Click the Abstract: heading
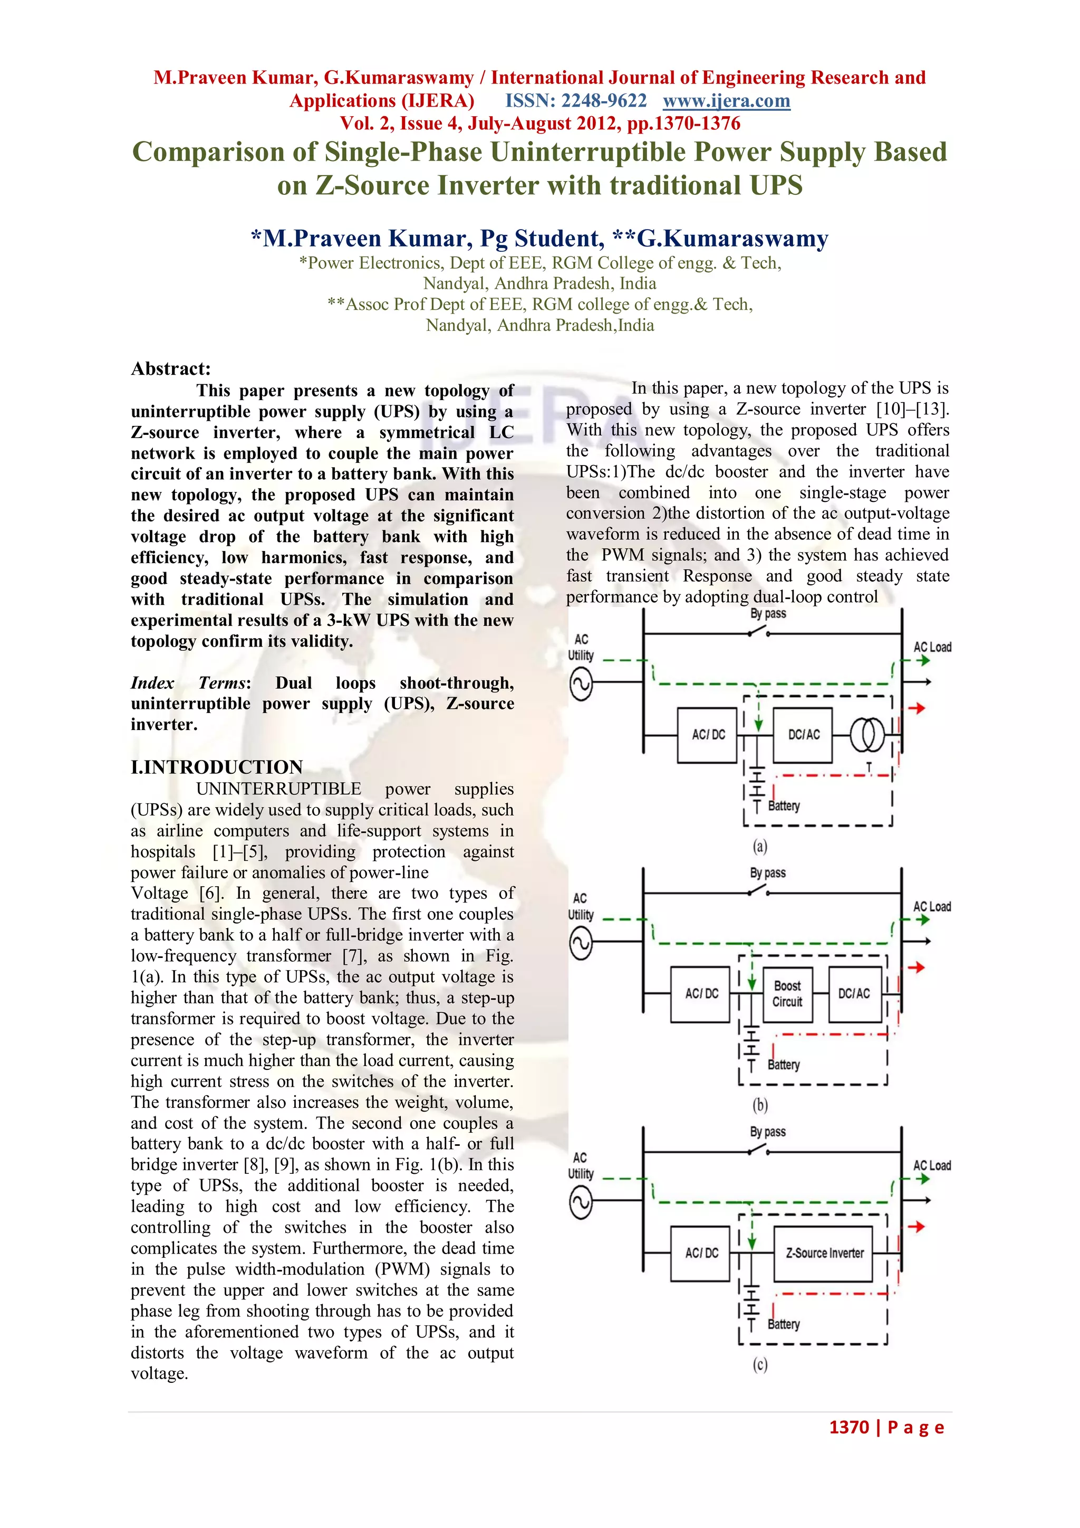pyautogui.click(x=171, y=369)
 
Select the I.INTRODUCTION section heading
pyautogui.click(x=217, y=767)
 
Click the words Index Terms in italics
pyautogui.click(x=189, y=683)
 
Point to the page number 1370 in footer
pyautogui.click(x=848, y=1427)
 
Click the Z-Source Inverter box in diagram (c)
pyautogui.click(x=823, y=1253)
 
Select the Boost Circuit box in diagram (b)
pyautogui.click(x=787, y=994)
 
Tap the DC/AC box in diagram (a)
pyautogui.click(x=803, y=735)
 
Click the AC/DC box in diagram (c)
pyautogui.click(x=701, y=1253)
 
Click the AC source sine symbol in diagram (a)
pyautogui.click(x=581, y=684)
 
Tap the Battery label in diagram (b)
pyautogui.click(x=784, y=1065)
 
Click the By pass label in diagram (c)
pyautogui.click(x=767, y=1132)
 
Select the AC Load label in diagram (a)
pyautogui.click(x=932, y=647)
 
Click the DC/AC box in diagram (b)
pyautogui.click(x=853, y=994)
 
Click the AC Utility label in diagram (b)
pyautogui.click(x=581, y=906)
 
